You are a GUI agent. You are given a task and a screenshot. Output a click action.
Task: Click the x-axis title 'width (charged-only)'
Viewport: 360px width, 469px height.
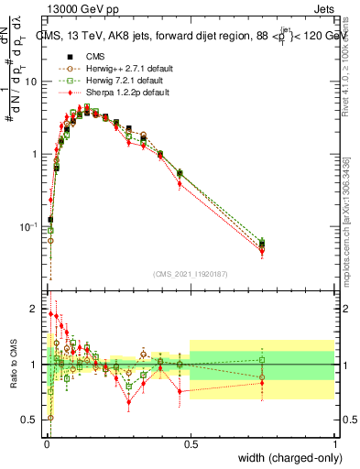click(286, 458)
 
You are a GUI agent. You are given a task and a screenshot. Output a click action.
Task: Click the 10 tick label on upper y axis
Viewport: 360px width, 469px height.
click(31, 82)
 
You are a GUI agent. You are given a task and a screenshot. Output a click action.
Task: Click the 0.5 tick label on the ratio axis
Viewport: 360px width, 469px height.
click(30, 420)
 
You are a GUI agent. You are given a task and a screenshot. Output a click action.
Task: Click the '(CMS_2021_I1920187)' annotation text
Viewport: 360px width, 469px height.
click(190, 273)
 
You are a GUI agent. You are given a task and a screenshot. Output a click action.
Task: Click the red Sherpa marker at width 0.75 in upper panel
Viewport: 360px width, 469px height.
click(262, 249)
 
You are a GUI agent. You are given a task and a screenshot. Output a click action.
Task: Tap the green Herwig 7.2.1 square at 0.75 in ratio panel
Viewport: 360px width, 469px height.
click(262, 360)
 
